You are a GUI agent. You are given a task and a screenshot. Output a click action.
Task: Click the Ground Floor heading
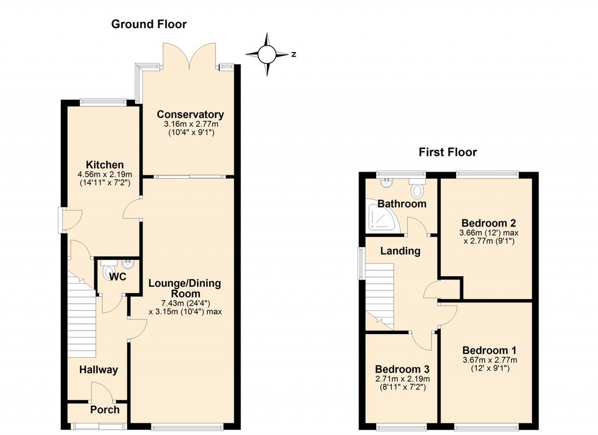149,25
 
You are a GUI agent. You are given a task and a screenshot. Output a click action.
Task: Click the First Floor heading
448,152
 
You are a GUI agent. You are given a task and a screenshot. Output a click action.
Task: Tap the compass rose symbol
267,54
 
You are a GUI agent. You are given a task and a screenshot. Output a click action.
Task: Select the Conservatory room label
190,114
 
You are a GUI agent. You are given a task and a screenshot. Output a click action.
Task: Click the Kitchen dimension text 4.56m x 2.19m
105,175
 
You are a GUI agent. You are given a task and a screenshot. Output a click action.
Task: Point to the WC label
117,277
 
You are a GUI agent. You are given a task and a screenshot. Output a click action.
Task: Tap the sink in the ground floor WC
127,264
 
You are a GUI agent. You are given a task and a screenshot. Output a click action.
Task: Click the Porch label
105,410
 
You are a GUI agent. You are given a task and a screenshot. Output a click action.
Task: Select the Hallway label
98,370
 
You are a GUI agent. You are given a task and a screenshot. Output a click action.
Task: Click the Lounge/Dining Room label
185,288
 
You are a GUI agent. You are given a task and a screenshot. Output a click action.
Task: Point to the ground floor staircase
82,314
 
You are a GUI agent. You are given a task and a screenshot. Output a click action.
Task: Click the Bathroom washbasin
387,182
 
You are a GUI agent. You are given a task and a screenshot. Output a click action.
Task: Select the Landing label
401,251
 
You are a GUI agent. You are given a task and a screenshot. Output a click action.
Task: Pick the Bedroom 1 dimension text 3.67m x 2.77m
490,360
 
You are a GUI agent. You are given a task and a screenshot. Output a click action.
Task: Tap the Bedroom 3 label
402,369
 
